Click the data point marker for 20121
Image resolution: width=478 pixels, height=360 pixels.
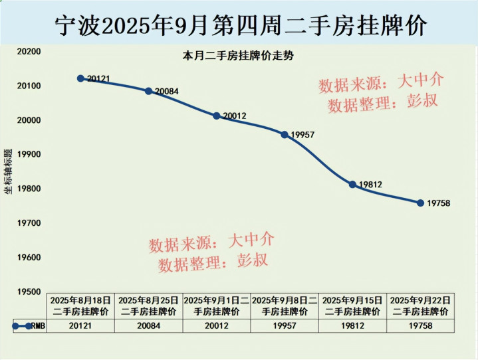[x=80, y=78]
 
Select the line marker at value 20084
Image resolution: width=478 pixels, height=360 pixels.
[x=148, y=91]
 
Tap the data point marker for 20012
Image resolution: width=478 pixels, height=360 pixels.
[x=216, y=116]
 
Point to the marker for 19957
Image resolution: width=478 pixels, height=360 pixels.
[x=285, y=135]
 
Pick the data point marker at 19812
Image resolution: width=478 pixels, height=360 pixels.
[x=352, y=184]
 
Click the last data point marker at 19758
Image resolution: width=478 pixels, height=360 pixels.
[x=420, y=203]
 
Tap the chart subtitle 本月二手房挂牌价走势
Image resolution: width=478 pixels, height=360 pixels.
[x=238, y=56]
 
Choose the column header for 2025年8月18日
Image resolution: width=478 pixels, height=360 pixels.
[x=81, y=306]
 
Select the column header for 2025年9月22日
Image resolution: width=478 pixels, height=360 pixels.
[x=421, y=306]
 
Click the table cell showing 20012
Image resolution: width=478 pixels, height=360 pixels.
[x=217, y=326]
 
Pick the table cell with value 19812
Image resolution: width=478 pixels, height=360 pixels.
[x=352, y=326]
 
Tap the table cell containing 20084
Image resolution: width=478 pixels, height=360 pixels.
[x=149, y=326]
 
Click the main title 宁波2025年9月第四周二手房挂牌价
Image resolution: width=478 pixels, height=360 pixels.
[x=239, y=25]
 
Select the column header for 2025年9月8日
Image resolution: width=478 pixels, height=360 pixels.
[x=285, y=306]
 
